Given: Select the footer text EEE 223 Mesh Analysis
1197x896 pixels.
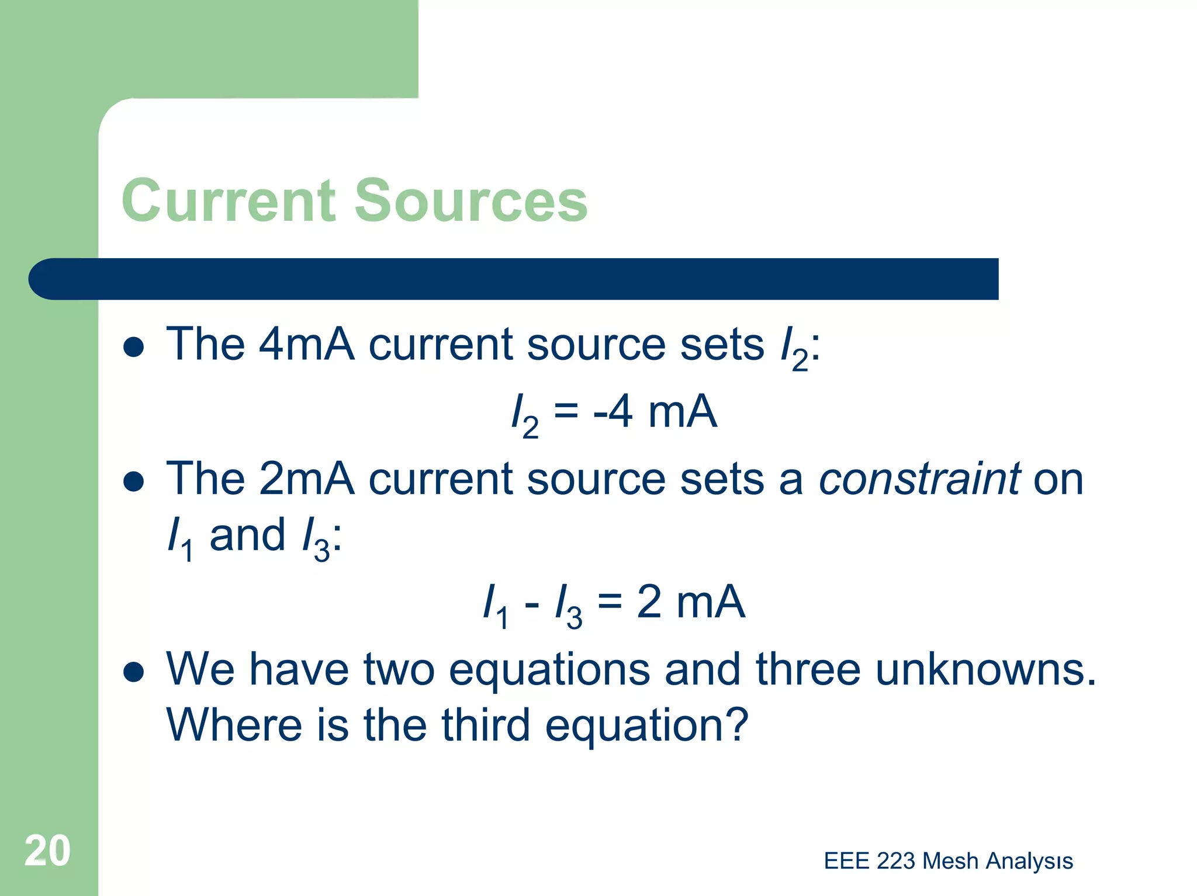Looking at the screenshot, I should pos(948,861).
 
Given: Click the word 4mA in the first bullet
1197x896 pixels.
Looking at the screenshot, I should pos(306,344).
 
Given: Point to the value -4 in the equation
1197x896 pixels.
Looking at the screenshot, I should pos(613,412).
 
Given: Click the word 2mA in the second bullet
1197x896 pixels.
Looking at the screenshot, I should pos(306,479).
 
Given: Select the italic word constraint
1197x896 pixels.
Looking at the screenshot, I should pos(919,479).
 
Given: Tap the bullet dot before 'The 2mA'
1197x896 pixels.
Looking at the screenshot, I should pos(134,482).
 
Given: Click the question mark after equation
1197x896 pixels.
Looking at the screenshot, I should pos(738,725).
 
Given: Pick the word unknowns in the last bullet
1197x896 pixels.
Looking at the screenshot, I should pos(985,669).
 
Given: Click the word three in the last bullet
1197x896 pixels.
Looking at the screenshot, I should pos(808,669).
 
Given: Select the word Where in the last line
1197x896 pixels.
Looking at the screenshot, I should pos(234,725).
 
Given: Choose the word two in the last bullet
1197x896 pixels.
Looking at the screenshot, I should pos(399,669).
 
